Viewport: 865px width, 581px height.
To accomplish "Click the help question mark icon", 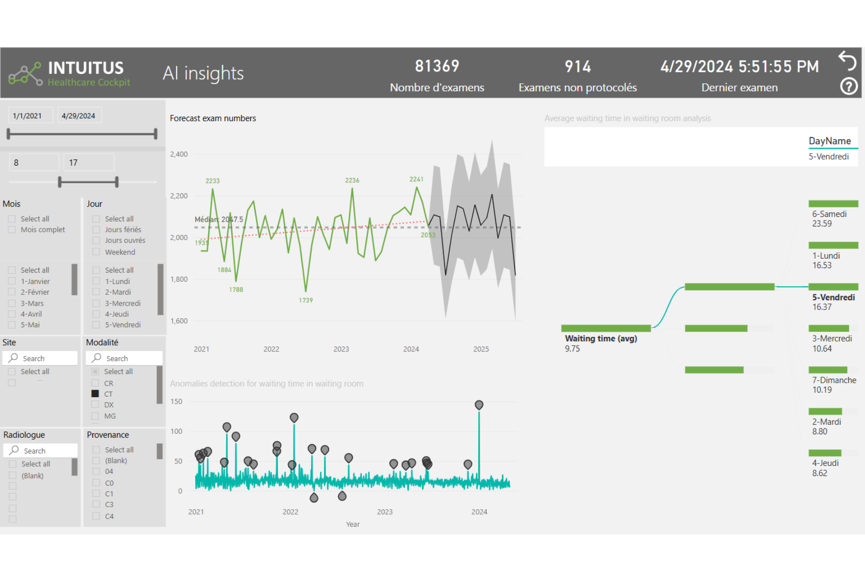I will tap(848, 86).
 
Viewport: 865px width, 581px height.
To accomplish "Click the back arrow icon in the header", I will tap(847, 61).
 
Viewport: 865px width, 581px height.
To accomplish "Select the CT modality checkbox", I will tap(95, 394).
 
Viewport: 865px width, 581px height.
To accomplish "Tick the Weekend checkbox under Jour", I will tap(96, 252).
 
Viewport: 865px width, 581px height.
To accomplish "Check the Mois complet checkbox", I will tap(12, 229).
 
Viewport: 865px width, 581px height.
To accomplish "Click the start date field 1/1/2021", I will tap(28, 115).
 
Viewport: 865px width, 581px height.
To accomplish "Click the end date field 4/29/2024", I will tap(79, 115).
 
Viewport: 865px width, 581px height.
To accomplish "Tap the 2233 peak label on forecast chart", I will tap(212, 181).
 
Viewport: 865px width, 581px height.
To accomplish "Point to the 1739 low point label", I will tap(306, 300).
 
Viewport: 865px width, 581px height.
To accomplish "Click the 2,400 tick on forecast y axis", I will tap(179, 154).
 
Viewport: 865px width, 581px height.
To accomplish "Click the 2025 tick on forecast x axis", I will tap(481, 349).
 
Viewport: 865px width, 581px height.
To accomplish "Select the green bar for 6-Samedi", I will tap(833, 204).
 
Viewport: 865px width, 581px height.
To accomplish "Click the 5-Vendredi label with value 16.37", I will tap(833, 302).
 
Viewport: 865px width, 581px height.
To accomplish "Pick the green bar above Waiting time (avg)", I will tap(606, 328).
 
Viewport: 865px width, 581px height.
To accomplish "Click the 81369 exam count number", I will tap(437, 66).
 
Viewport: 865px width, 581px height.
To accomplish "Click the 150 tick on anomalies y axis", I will tap(176, 402).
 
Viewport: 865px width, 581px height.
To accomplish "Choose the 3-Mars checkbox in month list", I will tap(12, 303).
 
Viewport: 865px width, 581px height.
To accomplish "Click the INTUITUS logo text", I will tap(86, 68).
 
